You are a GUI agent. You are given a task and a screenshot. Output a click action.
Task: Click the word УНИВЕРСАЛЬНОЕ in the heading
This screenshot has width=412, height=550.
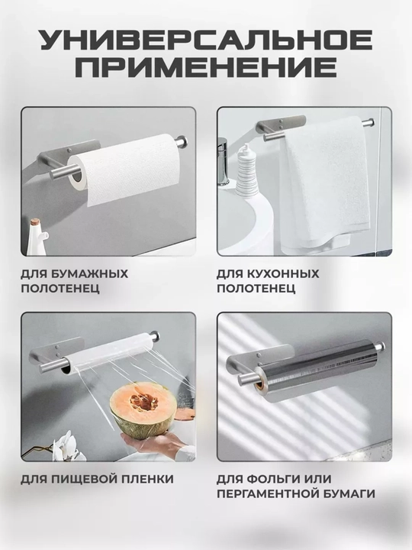(206, 40)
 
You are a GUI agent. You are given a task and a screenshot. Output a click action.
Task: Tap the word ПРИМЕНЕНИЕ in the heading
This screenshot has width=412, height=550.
(206, 66)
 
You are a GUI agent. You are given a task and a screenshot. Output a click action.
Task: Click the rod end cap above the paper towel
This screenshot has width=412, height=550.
(182, 142)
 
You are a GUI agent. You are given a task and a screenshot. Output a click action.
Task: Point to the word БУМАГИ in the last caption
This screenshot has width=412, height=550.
(353, 494)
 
